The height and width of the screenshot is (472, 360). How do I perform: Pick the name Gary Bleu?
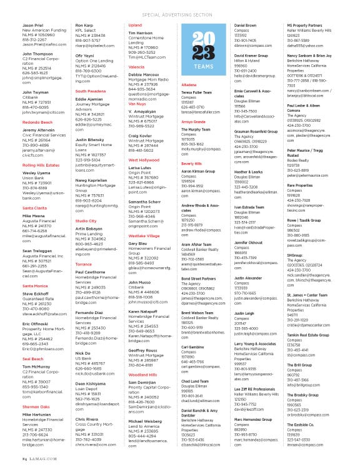pos(138,243)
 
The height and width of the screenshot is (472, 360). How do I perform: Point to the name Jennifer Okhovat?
pos(247,240)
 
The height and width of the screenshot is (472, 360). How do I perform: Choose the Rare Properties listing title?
pos(300,185)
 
